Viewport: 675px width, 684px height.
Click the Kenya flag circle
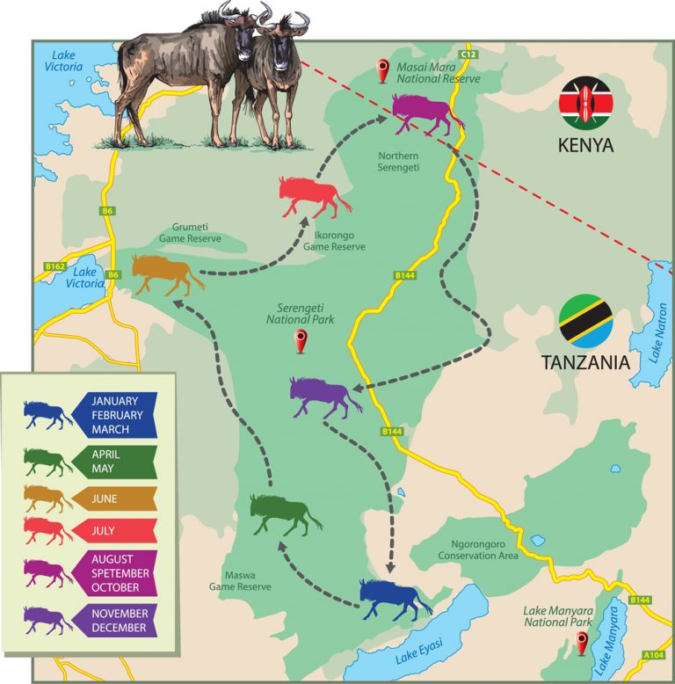tap(585, 103)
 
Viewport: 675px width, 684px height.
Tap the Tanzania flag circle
tap(585, 321)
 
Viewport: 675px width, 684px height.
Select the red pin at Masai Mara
tap(382, 69)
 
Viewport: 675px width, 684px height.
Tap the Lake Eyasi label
tap(417, 649)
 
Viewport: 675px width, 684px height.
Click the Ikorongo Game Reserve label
tap(334, 242)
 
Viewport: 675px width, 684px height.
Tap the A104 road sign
tap(653, 654)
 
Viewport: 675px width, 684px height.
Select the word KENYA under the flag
tap(585, 144)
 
